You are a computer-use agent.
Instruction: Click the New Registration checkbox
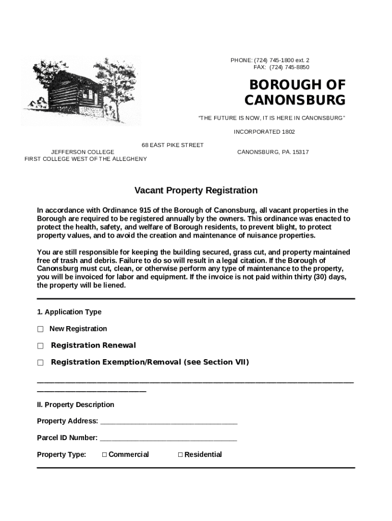point(40,329)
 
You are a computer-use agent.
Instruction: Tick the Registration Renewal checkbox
point(40,346)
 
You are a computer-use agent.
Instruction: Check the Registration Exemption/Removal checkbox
point(40,363)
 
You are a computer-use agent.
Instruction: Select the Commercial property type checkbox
point(104,455)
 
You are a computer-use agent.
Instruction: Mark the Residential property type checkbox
point(180,455)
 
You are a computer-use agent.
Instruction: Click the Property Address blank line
point(169,422)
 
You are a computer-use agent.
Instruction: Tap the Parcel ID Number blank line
point(168,439)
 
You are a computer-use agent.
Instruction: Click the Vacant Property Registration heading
point(196,191)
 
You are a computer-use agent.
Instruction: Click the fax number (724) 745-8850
point(289,68)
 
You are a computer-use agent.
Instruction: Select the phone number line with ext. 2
point(270,61)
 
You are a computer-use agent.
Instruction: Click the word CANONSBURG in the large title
point(295,100)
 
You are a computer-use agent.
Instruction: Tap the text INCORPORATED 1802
point(264,132)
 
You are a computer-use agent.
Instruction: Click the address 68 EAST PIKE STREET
point(173,146)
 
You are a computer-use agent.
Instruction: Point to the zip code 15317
point(300,152)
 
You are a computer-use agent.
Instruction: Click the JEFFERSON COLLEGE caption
point(82,152)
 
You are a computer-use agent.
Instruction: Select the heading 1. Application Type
point(69,312)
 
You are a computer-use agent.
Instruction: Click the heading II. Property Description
point(75,405)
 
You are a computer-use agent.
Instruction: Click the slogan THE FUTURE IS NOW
point(271,118)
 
